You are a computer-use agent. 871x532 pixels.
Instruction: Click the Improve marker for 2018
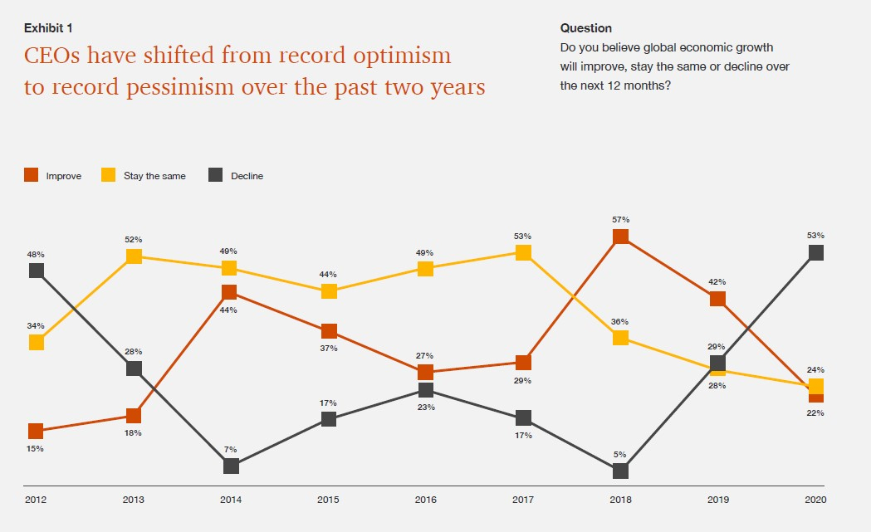coord(620,237)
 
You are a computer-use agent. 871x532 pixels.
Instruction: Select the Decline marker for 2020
coord(816,252)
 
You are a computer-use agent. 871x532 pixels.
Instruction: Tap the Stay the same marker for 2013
coord(134,256)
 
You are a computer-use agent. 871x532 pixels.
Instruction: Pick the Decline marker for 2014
coord(231,466)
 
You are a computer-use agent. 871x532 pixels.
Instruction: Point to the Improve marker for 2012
coord(36,431)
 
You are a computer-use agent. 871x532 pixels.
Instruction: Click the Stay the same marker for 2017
coord(523,252)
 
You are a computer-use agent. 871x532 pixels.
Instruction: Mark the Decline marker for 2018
coord(620,471)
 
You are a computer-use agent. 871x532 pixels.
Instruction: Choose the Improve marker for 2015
coord(329,331)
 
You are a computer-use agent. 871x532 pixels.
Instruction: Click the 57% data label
coord(620,220)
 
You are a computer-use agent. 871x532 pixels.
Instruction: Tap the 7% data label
coord(231,449)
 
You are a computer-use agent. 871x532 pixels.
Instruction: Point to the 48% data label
coord(36,255)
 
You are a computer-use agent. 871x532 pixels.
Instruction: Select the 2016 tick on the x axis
coord(425,500)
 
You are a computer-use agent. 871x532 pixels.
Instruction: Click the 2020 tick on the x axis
coord(815,500)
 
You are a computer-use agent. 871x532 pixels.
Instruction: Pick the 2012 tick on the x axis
coord(36,500)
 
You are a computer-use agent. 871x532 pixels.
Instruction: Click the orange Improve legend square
coord(31,175)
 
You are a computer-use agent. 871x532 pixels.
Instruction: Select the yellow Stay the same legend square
coord(108,175)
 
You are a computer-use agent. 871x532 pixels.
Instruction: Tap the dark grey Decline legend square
coord(216,175)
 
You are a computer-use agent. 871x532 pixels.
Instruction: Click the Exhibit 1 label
coord(48,28)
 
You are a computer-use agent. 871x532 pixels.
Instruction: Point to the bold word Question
coord(586,28)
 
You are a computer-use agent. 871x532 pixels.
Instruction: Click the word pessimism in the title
coord(180,87)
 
